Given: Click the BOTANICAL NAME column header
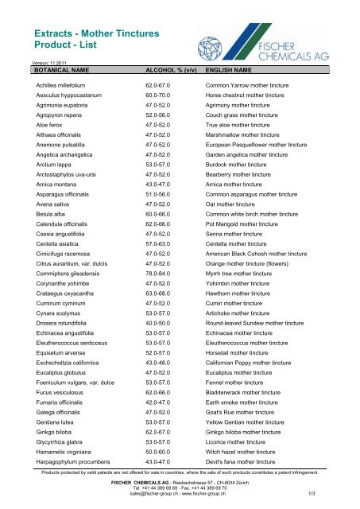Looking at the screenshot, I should (50, 70).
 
